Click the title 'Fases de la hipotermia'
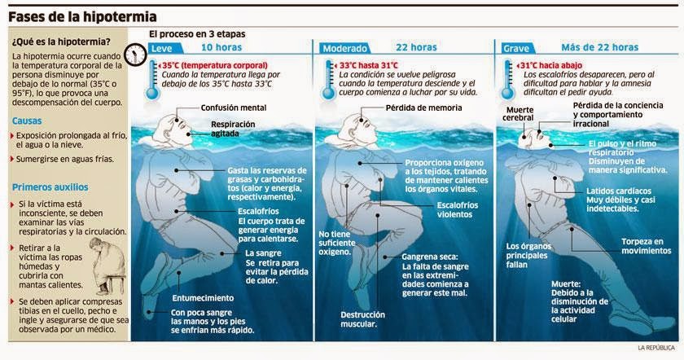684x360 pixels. tap(82, 17)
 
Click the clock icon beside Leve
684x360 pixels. tap(136, 55)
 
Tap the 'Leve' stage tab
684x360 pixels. tap(161, 48)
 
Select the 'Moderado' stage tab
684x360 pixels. tap(344, 48)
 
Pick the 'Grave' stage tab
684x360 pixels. tap(516, 48)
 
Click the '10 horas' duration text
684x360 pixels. tap(221, 47)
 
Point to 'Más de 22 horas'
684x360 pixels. tap(600, 47)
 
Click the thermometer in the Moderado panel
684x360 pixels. tap(329, 80)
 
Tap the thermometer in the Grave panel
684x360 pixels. tap(507, 80)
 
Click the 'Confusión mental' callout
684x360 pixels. tap(234, 108)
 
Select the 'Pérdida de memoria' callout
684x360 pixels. tap(423, 108)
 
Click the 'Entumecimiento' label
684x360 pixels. tap(203, 298)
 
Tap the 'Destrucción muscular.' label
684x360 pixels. tap(363, 319)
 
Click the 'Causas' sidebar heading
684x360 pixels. tap(27, 121)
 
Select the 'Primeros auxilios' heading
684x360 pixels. tap(50, 187)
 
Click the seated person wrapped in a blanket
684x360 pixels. tap(107, 266)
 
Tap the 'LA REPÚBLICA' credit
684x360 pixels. tap(656, 348)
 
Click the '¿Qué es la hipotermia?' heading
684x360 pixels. tap(61, 42)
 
